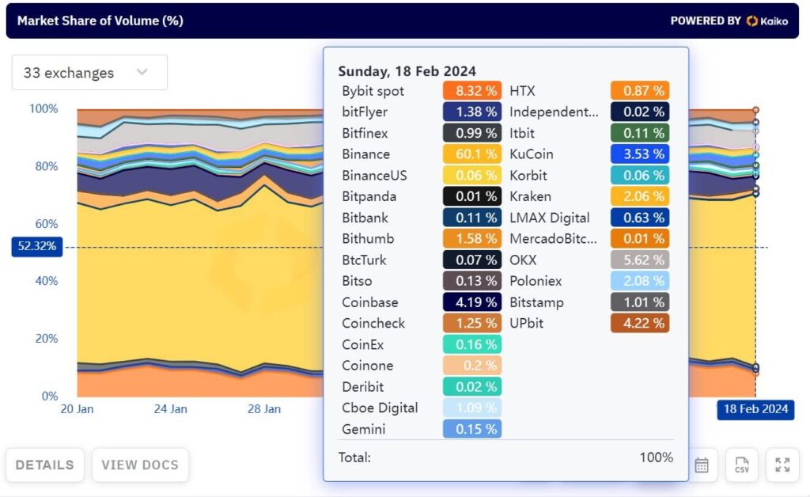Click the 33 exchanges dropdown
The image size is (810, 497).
point(89,73)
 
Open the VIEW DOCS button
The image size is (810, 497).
point(140,465)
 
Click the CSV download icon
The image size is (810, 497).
point(741,465)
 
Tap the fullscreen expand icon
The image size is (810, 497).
point(782,465)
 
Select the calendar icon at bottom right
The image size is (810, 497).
point(702,465)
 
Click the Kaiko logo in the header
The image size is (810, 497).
point(766,21)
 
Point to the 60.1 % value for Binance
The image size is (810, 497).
point(472,154)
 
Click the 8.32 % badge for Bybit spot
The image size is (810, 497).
point(472,91)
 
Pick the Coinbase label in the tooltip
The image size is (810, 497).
point(370,302)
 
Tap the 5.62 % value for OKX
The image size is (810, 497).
point(640,260)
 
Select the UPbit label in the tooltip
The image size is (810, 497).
point(526,323)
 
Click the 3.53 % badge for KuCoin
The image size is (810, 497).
point(640,154)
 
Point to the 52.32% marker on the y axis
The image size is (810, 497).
point(36,246)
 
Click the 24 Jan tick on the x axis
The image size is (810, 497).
point(170,409)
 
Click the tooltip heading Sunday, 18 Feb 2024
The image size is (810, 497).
point(407,71)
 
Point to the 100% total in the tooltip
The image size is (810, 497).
point(656,457)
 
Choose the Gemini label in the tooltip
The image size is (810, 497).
point(363,429)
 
